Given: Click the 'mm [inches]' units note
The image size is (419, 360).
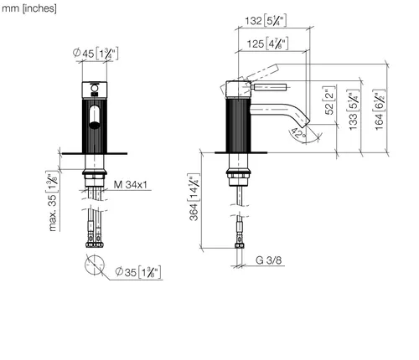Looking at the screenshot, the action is pos(29,8).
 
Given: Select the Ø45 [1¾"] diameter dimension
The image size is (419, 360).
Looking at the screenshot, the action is pos(96,53).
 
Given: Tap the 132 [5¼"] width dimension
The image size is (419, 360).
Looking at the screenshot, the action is pos(266,21).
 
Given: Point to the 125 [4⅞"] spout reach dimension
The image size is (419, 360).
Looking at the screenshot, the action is pos(267,44).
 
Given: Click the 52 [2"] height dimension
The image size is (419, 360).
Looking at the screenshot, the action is pos(329,100).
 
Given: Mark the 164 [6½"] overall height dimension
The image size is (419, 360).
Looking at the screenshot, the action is pos(379,110).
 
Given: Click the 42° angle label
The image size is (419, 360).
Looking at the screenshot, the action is pos(298,134).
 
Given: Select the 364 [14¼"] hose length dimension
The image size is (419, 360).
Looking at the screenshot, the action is pos(194,198).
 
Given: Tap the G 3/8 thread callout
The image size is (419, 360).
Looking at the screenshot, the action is pos(268,260).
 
